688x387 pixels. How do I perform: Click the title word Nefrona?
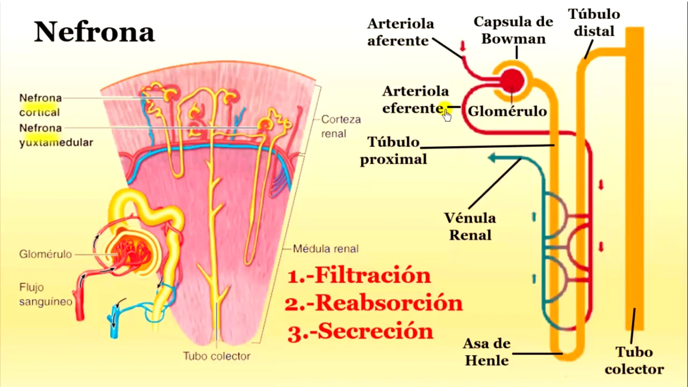(x=95, y=32)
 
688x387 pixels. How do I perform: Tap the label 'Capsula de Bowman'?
(x=513, y=30)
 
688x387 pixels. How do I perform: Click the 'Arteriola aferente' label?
(x=400, y=32)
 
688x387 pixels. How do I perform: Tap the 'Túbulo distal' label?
(x=594, y=23)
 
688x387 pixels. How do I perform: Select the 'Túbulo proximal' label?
(x=393, y=151)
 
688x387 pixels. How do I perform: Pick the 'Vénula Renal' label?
(x=470, y=226)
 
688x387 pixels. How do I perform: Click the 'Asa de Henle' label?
(x=487, y=352)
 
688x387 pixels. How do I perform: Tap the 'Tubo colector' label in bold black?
(x=634, y=361)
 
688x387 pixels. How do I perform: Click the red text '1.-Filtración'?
(x=359, y=275)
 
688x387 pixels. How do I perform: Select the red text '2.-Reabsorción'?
(x=374, y=303)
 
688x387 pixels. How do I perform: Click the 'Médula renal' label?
(x=326, y=249)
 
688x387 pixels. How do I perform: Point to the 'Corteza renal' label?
(x=341, y=126)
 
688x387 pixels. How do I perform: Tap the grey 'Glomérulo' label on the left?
(x=45, y=254)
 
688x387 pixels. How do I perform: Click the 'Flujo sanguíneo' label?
(x=46, y=294)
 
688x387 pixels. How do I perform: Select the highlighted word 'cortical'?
(x=40, y=112)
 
